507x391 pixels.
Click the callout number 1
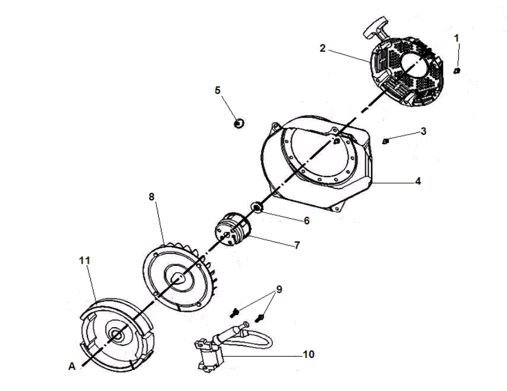[456, 38]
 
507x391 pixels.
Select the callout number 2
[323, 48]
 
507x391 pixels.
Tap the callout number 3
[423, 131]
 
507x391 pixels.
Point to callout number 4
[418, 182]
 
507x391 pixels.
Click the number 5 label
[218, 90]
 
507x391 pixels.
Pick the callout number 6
[307, 221]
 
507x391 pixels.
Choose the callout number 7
[297, 245]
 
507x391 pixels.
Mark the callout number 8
[152, 197]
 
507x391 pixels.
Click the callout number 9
[279, 289]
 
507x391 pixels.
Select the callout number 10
[308, 354]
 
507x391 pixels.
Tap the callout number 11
[84, 260]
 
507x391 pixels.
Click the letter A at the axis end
[72, 366]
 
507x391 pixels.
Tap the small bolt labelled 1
[457, 71]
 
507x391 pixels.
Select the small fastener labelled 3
[385, 141]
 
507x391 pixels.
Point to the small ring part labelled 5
[239, 123]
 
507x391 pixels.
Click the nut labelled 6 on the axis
[256, 207]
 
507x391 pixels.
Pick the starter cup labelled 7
[232, 229]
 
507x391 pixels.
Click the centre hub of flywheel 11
[116, 335]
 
